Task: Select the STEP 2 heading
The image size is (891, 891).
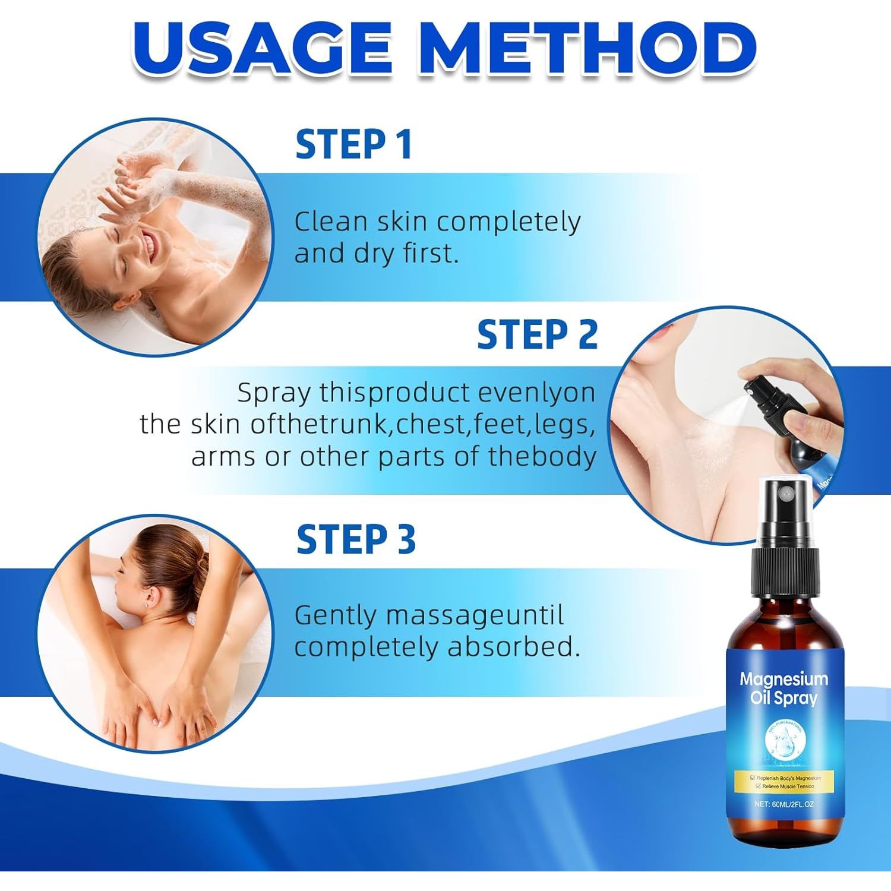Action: click(x=537, y=334)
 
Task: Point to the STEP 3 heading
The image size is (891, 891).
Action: click(x=356, y=539)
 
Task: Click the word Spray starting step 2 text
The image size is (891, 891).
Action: click(x=274, y=394)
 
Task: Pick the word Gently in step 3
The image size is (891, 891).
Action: click(x=336, y=615)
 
